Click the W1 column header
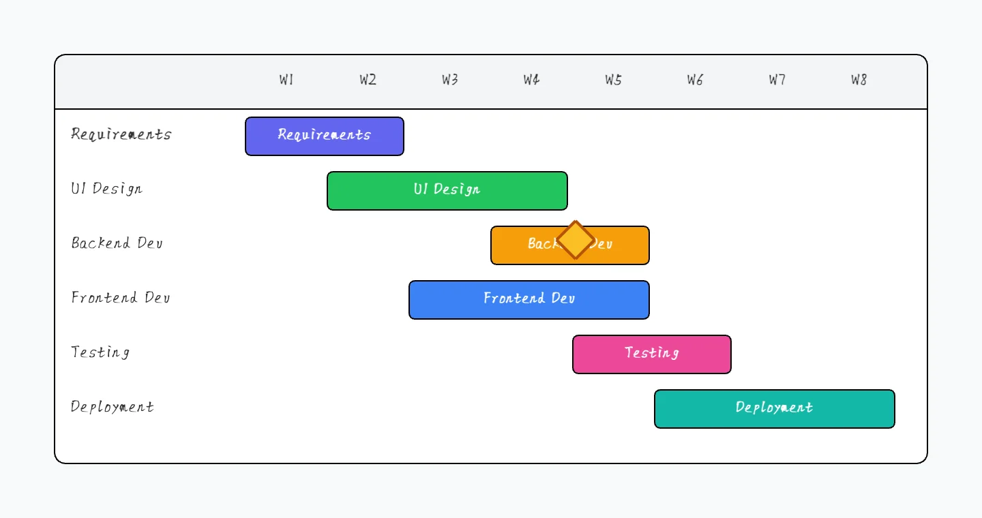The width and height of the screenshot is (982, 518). [286, 80]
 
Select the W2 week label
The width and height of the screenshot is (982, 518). [368, 80]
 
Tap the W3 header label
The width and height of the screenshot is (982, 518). [450, 80]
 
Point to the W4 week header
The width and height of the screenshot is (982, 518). [532, 80]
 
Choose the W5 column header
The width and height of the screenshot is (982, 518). [614, 80]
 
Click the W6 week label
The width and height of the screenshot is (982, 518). [695, 80]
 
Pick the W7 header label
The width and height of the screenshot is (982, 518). [777, 80]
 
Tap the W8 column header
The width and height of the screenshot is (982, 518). [859, 80]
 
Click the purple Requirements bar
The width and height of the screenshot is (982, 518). [325, 136]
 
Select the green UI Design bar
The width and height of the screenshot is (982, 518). [447, 191]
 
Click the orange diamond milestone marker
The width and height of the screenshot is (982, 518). [576, 240]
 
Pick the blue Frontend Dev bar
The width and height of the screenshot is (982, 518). [529, 300]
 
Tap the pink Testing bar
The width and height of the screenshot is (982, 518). [652, 354]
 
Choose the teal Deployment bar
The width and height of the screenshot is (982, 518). [775, 409]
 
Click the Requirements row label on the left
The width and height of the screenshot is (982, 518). [121, 134]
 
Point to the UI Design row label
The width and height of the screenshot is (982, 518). [107, 189]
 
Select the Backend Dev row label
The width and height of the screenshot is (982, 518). [117, 243]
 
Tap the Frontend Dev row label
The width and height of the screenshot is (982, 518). [121, 298]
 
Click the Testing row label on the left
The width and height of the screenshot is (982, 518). [100, 352]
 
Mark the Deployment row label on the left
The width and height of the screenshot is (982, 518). [113, 407]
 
